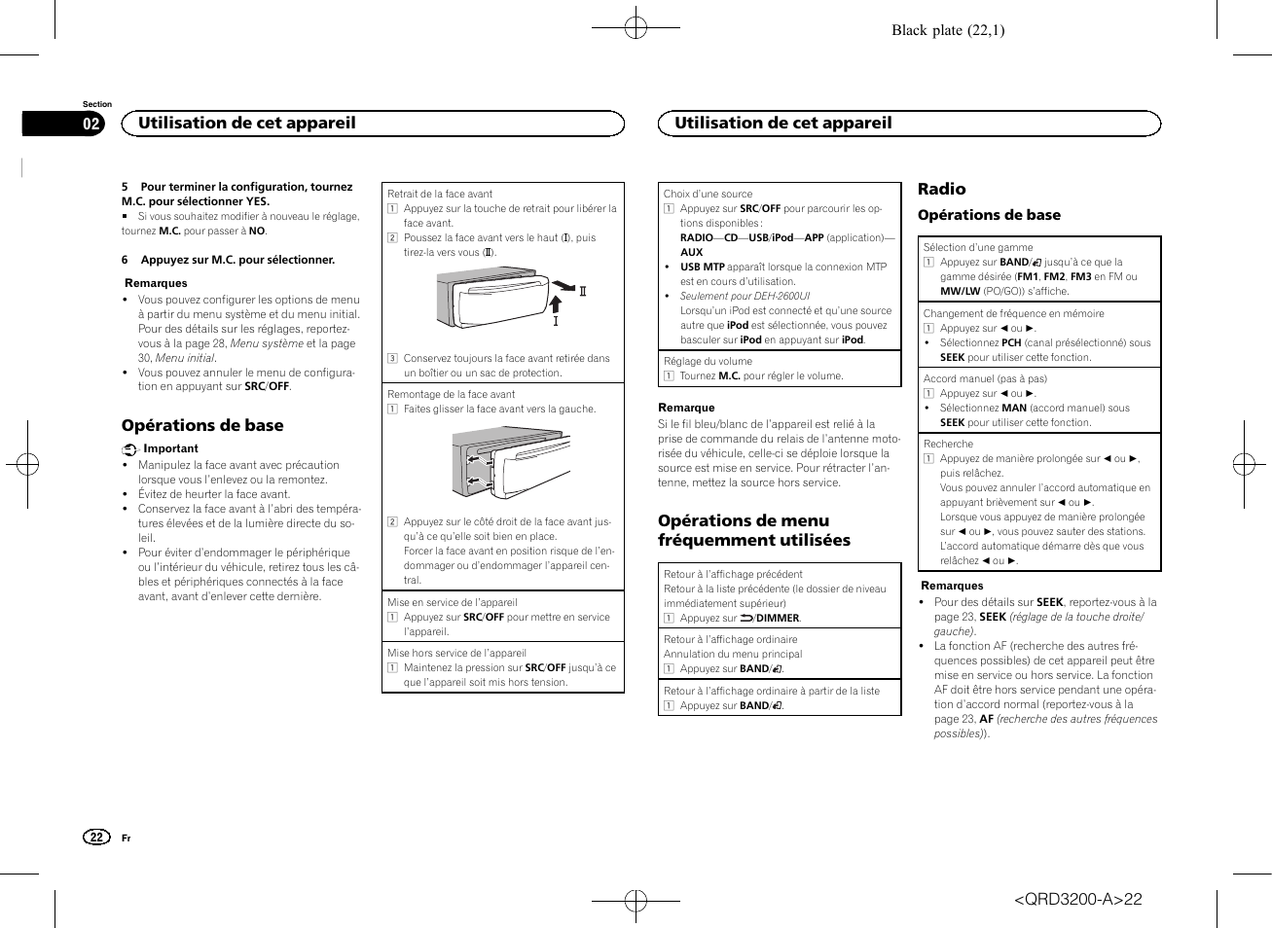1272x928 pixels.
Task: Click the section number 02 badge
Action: pos(91,124)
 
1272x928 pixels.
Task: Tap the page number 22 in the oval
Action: pos(96,838)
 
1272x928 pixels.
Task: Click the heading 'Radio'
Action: pos(941,189)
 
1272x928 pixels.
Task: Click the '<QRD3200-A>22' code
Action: pos(1078,899)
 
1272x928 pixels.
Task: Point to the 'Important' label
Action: pos(170,448)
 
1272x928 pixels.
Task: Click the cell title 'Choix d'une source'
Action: pos(708,194)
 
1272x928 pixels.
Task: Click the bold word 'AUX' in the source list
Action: pos(691,252)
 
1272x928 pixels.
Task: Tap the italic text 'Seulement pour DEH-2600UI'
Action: pos(745,296)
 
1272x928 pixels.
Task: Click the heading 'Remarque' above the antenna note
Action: pos(686,408)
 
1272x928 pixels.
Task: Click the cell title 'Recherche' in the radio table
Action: pos(948,444)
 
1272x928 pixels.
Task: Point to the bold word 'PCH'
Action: pos(1011,342)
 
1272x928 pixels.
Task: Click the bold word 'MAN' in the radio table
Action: pos(1014,408)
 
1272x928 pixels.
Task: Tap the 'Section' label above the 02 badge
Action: pos(96,104)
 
